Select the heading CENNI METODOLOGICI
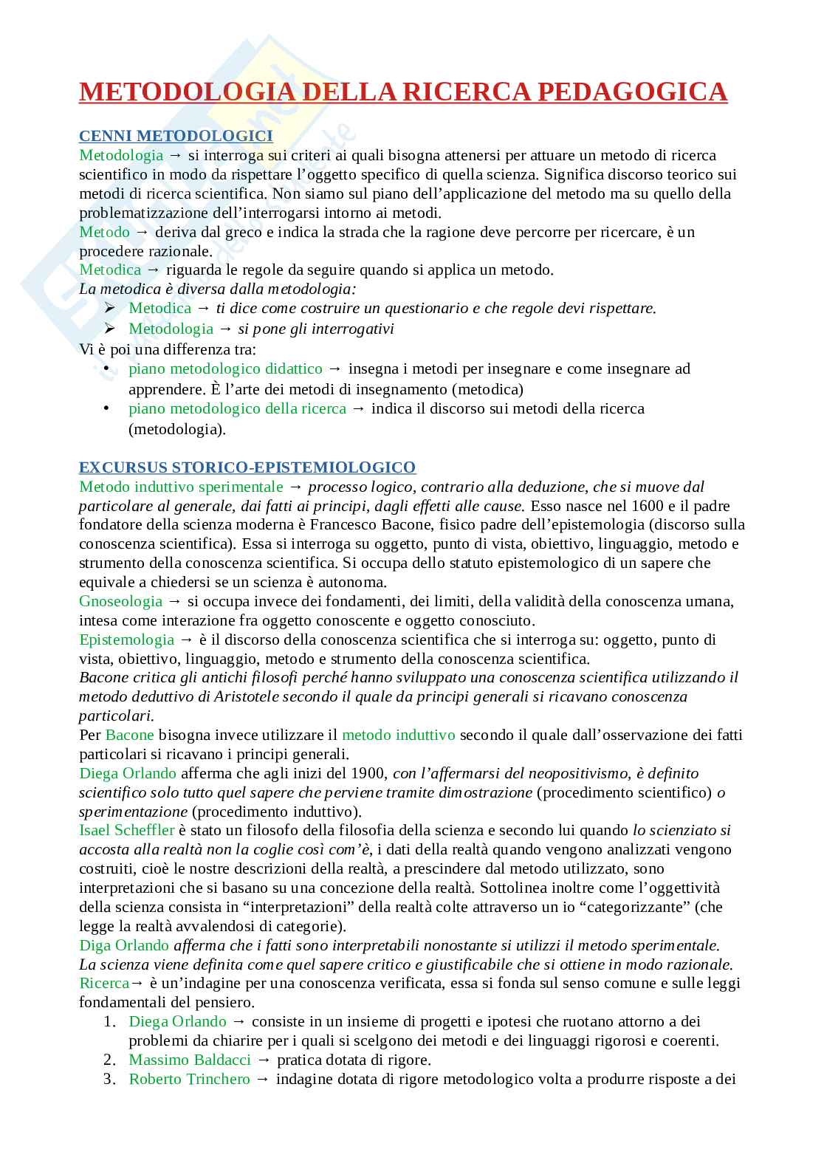tap(176, 136)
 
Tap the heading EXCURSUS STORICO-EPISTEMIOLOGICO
tap(247, 467)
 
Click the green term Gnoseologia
tap(120, 601)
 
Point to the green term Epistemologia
tap(126, 639)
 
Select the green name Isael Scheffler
tap(126, 830)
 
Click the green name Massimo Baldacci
tap(190, 1060)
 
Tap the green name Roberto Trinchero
tap(190, 1079)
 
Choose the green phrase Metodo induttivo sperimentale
tap(181, 487)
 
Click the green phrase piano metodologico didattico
tap(225, 368)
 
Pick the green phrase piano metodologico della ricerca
tap(237, 408)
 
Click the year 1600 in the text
tap(649, 506)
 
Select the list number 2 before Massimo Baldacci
tap(108, 1060)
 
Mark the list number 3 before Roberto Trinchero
tap(108, 1079)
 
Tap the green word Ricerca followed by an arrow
tap(104, 983)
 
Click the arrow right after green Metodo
tap(142, 232)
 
